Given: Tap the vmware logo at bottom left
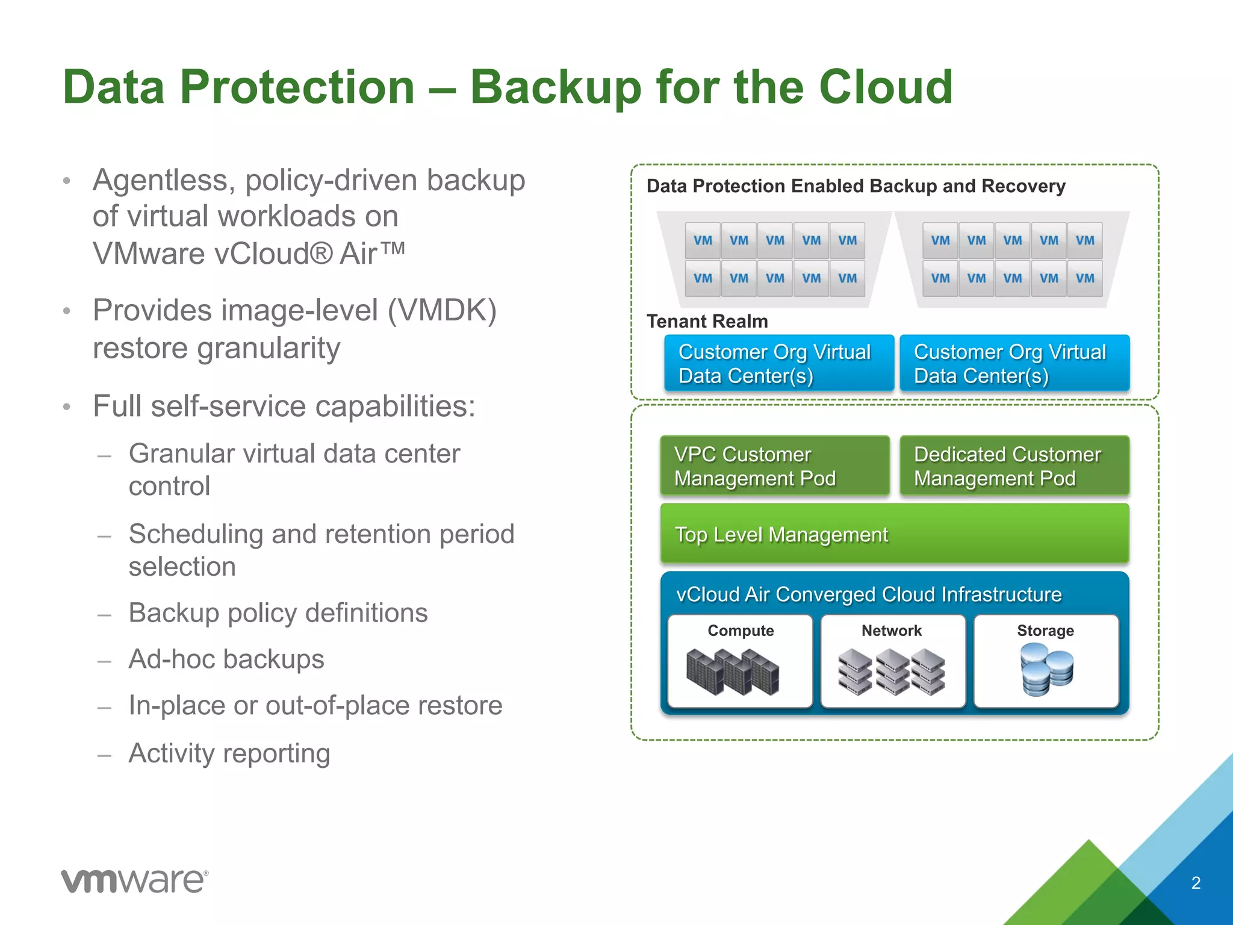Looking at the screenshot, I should click(x=134, y=881).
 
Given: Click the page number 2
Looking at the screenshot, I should click(x=1196, y=883).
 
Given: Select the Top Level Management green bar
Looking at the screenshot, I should click(x=894, y=534).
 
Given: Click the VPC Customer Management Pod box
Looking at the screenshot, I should click(x=774, y=466).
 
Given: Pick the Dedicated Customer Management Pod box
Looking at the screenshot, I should click(x=1014, y=466).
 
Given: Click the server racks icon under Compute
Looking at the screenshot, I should click(x=733, y=671).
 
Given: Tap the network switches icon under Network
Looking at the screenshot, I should click(x=892, y=671).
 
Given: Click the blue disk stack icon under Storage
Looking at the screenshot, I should click(x=1046, y=669).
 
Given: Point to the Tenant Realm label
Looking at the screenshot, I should click(x=707, y=321).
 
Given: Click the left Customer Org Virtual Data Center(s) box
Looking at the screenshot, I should click(x=778, y=364).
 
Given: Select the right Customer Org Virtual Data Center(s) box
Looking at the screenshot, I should click(x=1014, y=364).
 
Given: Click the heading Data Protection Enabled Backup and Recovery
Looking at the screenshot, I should click(x=856, y=186).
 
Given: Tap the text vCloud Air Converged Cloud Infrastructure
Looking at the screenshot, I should click(x=868, y=594).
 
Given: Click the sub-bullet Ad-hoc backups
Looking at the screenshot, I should click(x=226, y=659).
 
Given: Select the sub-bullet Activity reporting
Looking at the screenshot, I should click(x=229, y=753).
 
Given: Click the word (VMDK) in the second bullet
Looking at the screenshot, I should click(x=441, y=311).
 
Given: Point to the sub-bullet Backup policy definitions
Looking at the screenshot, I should click(x=278, y=613).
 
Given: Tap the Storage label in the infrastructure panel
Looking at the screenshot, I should click(x=1045, y=631).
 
